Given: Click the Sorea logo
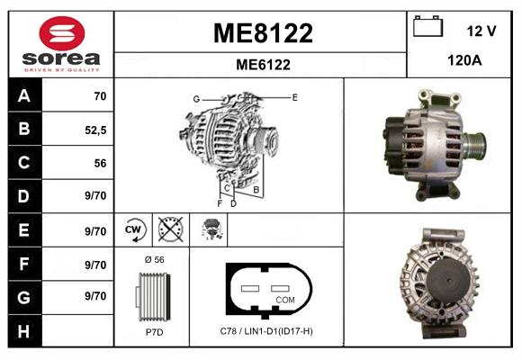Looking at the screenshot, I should pos(60,43).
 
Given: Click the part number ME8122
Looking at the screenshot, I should pos(262,34).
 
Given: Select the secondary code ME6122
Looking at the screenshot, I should pos(262,64).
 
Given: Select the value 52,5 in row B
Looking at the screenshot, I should pos(94,130).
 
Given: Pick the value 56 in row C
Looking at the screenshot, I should pos(100,164).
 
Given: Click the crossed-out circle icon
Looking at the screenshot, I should pos(169,230).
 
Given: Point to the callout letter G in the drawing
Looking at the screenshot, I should pos(195,98).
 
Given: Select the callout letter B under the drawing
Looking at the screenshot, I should pos(256,190).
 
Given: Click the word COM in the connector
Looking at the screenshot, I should pos(284,300).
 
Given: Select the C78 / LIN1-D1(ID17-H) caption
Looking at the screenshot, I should pos(266,332).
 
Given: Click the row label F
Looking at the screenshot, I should pos(23,265).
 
